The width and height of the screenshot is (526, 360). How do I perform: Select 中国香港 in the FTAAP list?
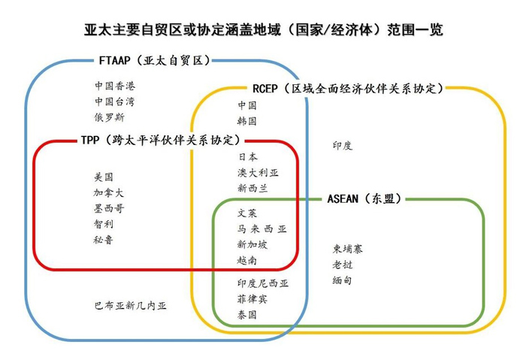(115, 86)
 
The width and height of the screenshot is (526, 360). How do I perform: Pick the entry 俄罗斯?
(110, 117)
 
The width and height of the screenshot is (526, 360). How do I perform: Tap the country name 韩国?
(247, 120)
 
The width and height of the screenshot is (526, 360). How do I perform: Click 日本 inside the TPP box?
(247, 157)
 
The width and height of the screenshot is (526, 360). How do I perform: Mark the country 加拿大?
(109, 193)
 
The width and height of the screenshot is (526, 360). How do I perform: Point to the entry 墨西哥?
(109, 209)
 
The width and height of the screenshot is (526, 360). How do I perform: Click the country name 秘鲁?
(104, 241)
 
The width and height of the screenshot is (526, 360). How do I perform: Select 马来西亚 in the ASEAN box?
(261, 229)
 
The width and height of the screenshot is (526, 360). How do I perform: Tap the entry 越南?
(247, 261)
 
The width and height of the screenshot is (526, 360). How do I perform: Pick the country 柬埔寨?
(347, 249)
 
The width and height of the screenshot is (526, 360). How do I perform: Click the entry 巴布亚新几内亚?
(130, 306)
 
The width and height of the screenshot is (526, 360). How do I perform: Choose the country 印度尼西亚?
(262, 283)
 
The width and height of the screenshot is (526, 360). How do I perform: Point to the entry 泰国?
(247, 315)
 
